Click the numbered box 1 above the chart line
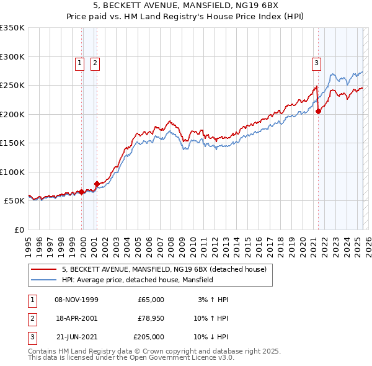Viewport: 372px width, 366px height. point(80,62)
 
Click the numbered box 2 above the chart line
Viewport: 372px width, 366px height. point(95,62)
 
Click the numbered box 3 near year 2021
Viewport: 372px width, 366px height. point(316,62)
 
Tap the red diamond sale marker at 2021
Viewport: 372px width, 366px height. point(318,112)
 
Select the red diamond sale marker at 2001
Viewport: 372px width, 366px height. point(97,184)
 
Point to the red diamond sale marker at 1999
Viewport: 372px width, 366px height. point(82,192)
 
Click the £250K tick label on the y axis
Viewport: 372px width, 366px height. point(12,86)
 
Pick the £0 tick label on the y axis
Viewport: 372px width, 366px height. point(19,230)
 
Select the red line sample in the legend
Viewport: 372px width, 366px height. point(43,269)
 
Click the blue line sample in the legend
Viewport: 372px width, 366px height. point(43,280)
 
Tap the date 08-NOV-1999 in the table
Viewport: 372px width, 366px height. point(76,300)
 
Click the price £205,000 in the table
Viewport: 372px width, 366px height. point(148,337)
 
